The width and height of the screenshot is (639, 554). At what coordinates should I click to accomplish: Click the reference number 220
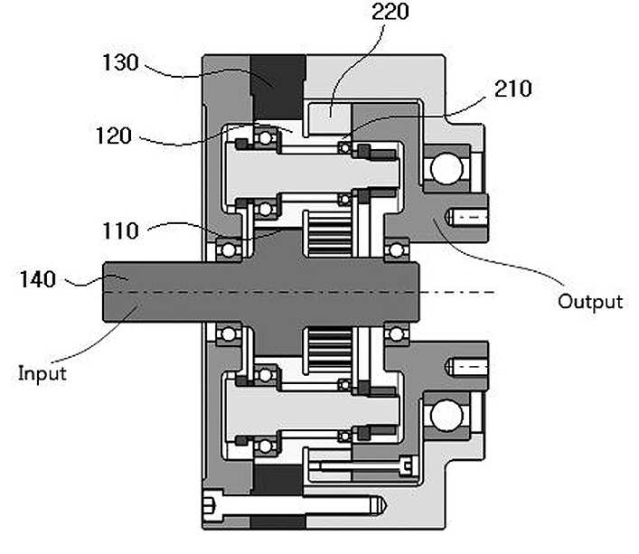pyautogui.click(x=390, y=12)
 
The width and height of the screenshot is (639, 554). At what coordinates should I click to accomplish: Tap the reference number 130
pyautogui.click(x=120, y=62)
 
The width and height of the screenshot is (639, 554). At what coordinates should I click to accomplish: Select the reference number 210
pyautogui.click(x=513, y=89)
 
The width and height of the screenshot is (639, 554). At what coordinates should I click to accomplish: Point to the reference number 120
pyautogui.click(x=114, y=136)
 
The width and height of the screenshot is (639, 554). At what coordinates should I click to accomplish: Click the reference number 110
pyautogui.click(x=120, y=231)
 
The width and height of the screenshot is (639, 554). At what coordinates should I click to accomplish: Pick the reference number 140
pyautogui.click(x=38, y=279)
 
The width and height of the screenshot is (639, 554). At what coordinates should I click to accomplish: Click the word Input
pyautogui.click(x=42, y=374)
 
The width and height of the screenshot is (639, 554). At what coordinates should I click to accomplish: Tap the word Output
pyautogui.click(x=590, y=302)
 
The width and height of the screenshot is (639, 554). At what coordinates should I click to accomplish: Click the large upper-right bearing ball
pyautogui.click(x=447, y=168)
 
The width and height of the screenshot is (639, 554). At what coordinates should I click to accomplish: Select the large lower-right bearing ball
pyautogui.click(x=447, y=416)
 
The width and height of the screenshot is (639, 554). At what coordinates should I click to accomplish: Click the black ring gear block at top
pyautogui.click(x=278, y=87)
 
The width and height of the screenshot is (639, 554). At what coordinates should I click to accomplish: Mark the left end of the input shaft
pyautogui.click(x=103, y=292)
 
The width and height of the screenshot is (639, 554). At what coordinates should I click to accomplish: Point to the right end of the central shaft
pyautogui.click(x=418, y=292)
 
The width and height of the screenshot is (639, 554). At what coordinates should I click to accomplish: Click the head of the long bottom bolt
pyautogui.click(x=212, y=505)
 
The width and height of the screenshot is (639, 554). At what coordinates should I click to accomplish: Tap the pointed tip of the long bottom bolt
pyautogui.click(x=386, y=505)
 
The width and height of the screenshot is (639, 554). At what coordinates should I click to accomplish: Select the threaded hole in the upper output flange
pyautogui.click(x=467, y=218)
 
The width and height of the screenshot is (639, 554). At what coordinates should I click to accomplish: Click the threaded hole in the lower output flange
pyautogui.click(x=467, y=368)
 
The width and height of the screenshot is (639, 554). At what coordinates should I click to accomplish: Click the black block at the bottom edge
pyautogui.click(x=278, y=522)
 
